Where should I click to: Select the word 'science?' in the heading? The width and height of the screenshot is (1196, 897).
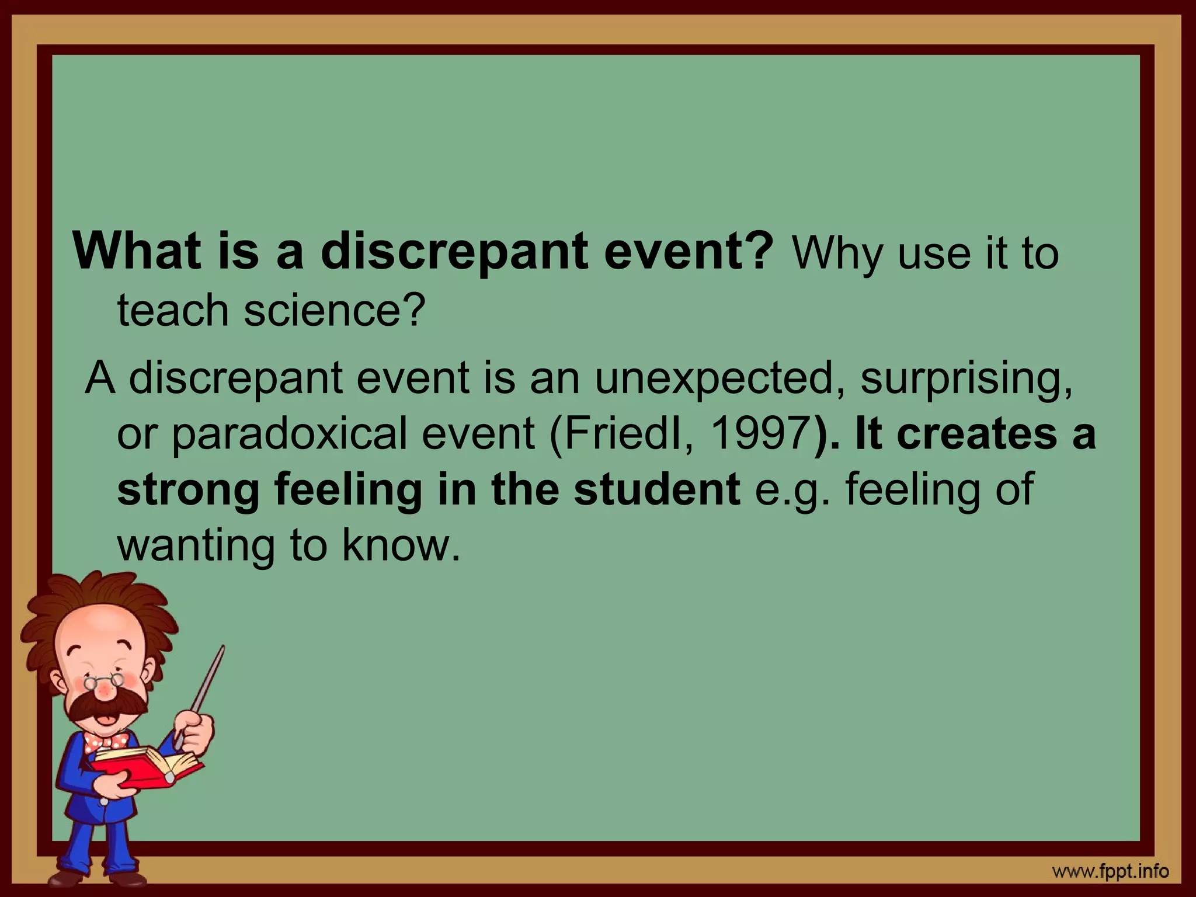[x=332, y=311]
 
